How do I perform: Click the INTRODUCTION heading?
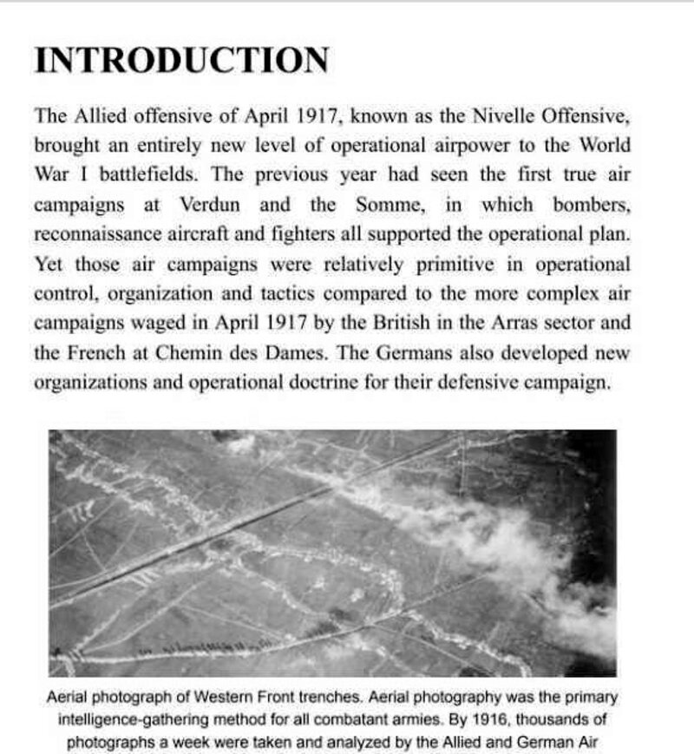pos(181,61)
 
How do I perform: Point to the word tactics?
pos(333,293)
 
